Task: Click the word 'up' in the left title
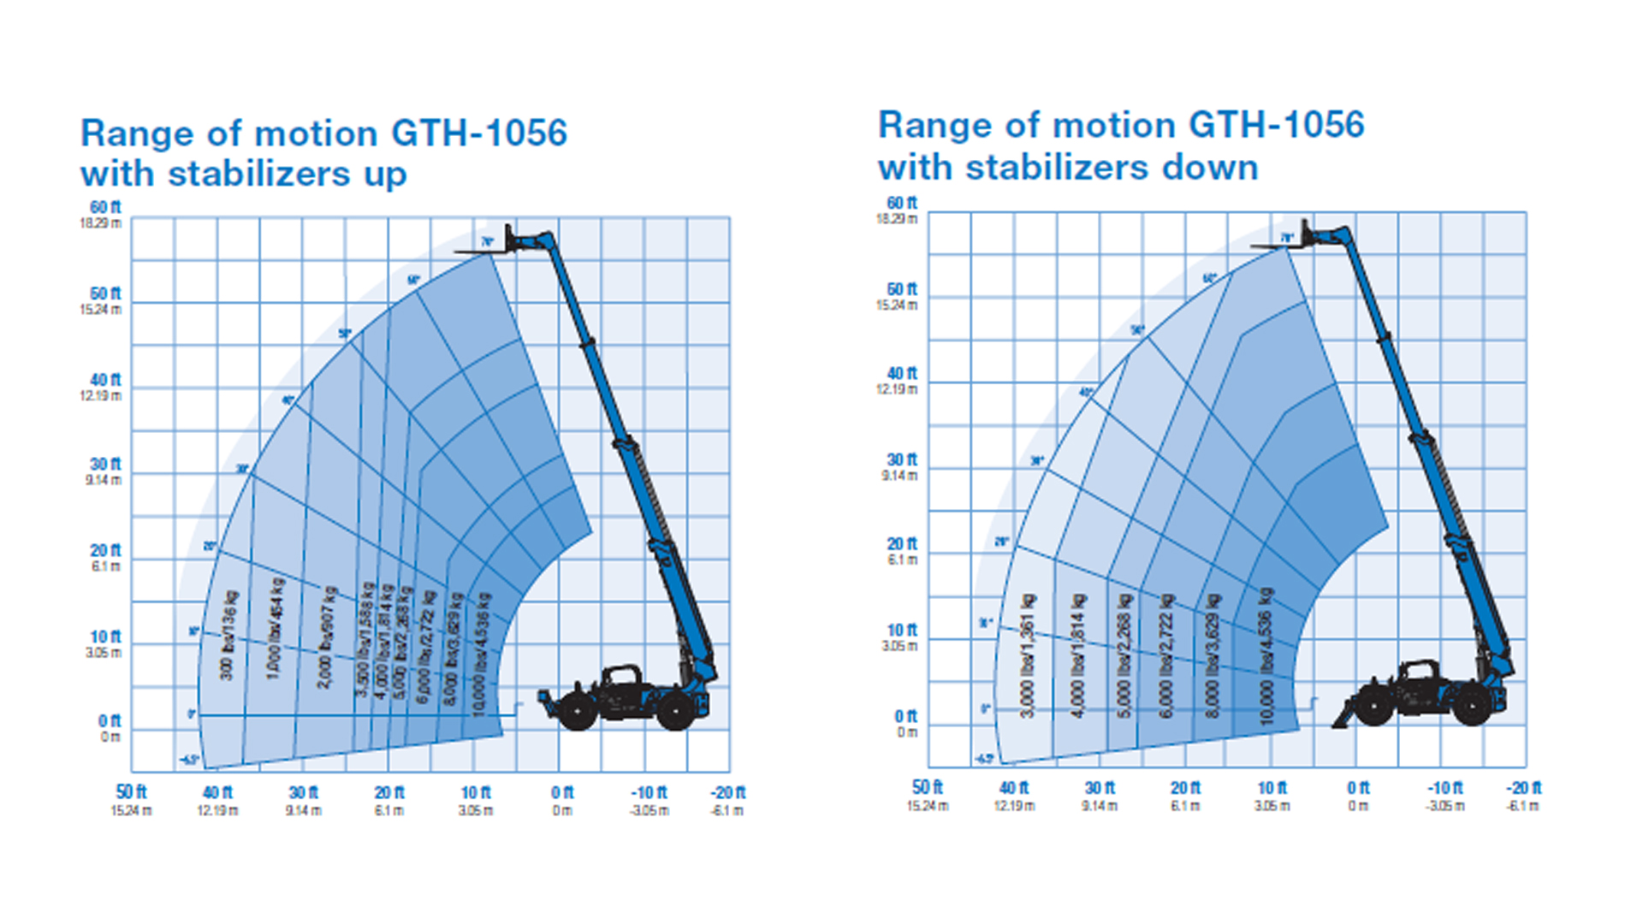(x=384, y=175)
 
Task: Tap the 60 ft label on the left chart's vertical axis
(x=105, y=208)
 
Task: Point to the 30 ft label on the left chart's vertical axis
(x=105, y=465)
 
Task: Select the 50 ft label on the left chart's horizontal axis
(x=131, y=793)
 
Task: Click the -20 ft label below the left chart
(x=727, y=793)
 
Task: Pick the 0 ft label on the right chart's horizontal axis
(x=1358, y=788)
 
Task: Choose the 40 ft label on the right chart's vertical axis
(x=901, y=374)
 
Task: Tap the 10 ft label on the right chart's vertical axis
(x=901, y=631)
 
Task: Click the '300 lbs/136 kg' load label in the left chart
(x=228, y=635)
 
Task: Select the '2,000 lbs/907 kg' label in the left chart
(x=327, y=637)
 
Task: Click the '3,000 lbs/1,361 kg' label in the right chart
(x=1028, y=655)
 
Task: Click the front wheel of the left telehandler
(x=577, y=711)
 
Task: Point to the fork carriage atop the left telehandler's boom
(x=511, y=241)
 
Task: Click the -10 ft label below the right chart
(x=1444, y=788)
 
